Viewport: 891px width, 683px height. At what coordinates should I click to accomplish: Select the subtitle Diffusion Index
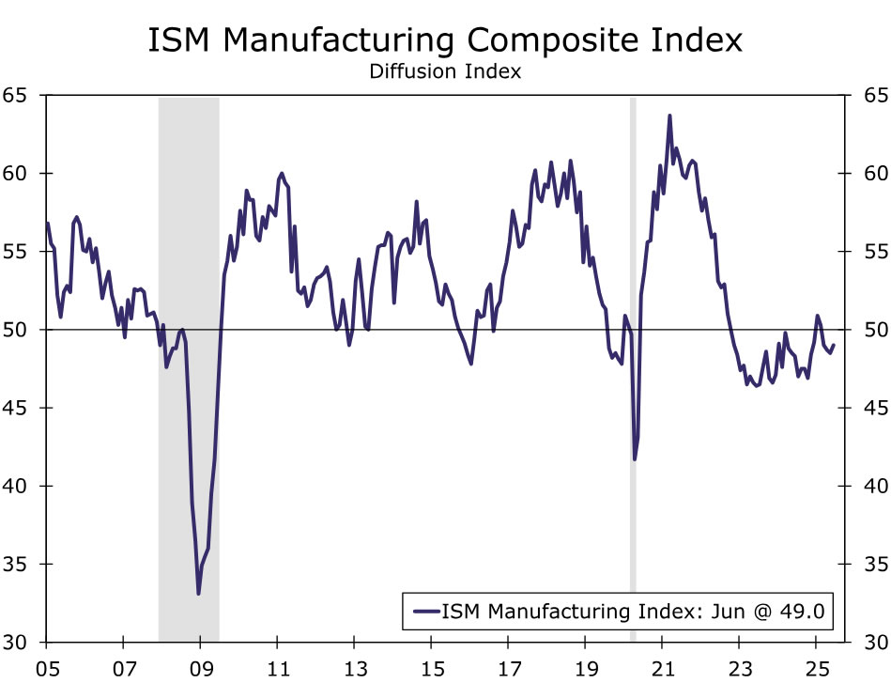pyautogui.click(x=445, y=71)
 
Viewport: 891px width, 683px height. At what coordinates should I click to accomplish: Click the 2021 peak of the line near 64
pyautogui.click(x=669, y=116)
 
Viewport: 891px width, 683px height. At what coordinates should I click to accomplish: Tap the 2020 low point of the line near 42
pyautogui.click(x=635, y=458)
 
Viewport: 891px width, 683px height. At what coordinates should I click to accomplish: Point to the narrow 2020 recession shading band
pyautogui.click(x=633, y=282)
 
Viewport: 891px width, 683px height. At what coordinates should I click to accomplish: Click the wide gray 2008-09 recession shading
pyautogui.click(x=188, y=282)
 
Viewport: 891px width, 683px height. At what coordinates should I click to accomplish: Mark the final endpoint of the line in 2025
pyautogui.click(x=834, y=345)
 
